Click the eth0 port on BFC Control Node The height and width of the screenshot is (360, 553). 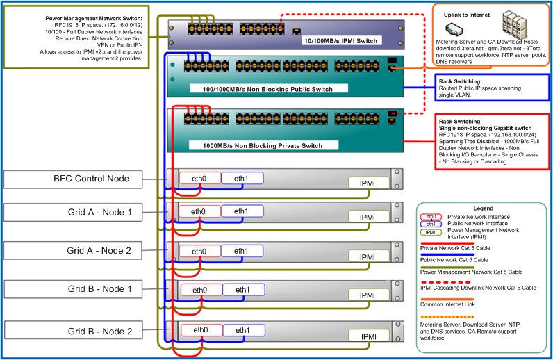coord(199,178)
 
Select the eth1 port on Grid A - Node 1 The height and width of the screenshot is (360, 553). coord(242,211)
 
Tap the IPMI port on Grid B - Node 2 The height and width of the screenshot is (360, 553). coord(369,336)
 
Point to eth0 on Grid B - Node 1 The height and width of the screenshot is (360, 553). coord(200,290)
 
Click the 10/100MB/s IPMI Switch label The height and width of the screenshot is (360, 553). coord(340,41)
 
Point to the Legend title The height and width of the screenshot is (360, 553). coord(483,208)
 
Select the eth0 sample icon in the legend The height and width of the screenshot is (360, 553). coord(431,217)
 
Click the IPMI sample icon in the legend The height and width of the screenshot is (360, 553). coord(431,232)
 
